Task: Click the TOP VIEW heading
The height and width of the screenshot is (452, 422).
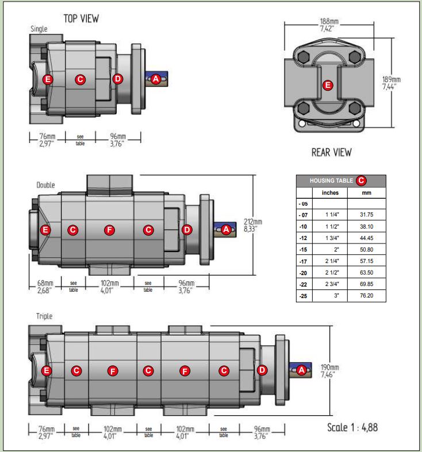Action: (x=81, y=19)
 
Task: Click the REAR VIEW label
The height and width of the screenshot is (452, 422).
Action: (x=331, y=152)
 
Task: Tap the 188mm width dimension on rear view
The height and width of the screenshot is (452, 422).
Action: (x=329, y=25)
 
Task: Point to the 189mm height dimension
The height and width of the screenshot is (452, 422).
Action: (x=391, y=83)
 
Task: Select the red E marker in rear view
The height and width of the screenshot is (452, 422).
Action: (x=328, y=86)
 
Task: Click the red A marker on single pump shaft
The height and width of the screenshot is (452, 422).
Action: (x=156, y=79)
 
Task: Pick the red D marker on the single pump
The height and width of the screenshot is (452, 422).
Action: (x=118, y=79)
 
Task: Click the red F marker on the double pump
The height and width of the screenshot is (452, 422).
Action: (x=109, y=230)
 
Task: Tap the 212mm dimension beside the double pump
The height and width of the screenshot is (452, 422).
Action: (x=253, y=225)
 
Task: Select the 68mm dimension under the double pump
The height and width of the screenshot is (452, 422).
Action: (x=45, y=287)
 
